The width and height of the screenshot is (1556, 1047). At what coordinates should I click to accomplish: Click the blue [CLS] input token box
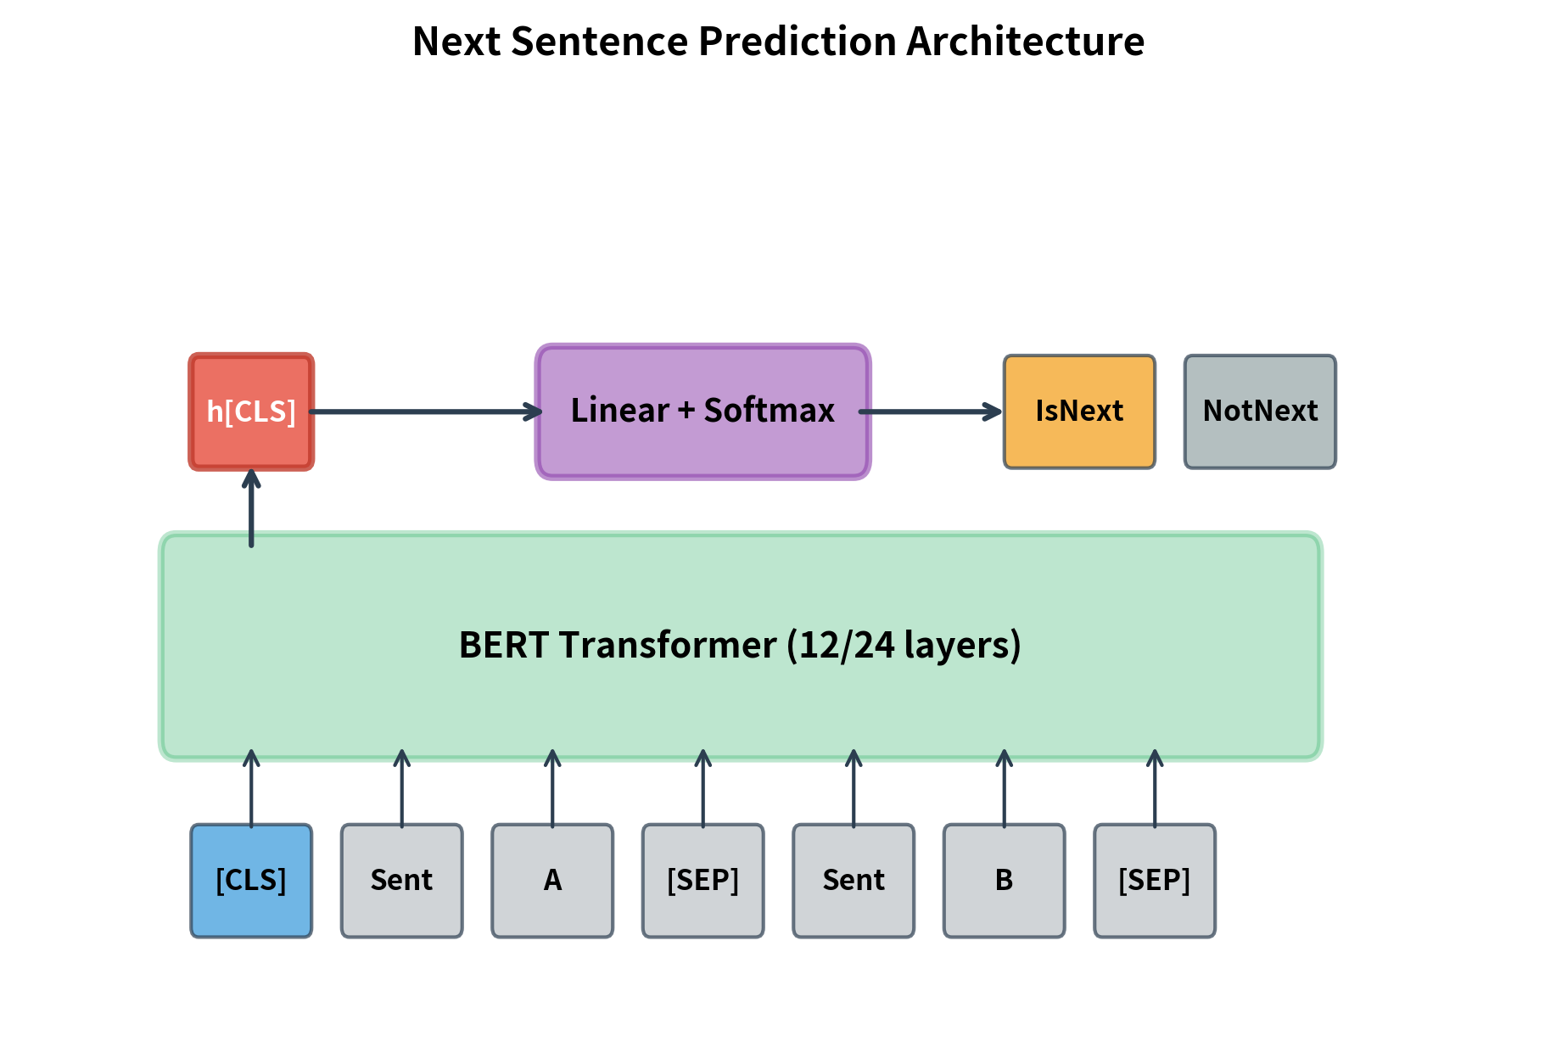(251, 881)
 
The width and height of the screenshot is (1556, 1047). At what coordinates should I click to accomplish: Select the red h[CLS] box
(251, 412)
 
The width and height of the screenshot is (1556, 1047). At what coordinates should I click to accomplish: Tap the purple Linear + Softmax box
(702, 412)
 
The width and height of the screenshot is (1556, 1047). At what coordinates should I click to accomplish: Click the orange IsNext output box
(1079, 412)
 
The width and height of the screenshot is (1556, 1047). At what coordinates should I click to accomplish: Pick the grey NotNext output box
(1260, 412)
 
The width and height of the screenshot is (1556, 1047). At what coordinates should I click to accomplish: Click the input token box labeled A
(552, 881)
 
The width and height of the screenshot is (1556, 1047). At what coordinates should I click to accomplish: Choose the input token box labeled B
(1004, 881)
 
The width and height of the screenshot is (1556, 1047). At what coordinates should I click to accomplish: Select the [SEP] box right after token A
(702, 881)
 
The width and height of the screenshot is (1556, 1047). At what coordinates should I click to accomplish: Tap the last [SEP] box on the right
(1154, 881)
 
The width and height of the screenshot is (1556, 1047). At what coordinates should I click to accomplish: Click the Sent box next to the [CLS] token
(401, 881)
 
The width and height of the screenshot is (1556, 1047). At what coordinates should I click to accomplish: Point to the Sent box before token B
(854, 881)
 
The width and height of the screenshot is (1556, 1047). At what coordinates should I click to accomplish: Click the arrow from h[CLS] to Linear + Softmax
(424, 412)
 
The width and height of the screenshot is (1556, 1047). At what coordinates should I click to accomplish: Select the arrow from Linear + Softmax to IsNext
(930, 412)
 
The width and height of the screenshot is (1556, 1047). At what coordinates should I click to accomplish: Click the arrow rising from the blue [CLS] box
(251, 789)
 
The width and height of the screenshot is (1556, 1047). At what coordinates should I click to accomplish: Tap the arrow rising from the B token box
(1004, 789)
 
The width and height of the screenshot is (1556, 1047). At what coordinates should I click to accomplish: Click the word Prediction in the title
(797, 42)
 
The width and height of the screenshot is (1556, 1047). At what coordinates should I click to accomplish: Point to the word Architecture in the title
(1025, 42)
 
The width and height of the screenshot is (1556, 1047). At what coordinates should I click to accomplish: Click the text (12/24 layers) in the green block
(904, 645)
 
